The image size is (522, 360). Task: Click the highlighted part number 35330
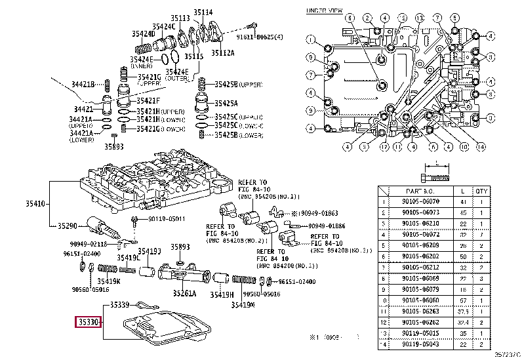click(89, 322)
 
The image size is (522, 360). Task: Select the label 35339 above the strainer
click(121, 305)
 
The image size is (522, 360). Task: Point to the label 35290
click(66, 226)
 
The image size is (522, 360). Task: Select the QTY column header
click(482, 190)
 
